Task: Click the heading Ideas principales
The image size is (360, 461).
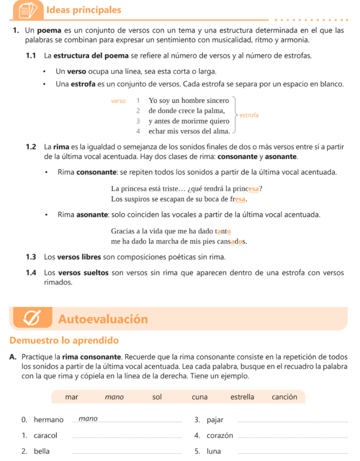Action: tap(84, 10)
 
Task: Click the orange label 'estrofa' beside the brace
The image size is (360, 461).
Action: tap(249, 115)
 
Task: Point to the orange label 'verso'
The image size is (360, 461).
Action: tap(118, 101)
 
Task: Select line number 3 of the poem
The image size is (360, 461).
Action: tap(138, 121)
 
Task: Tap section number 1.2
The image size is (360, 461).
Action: tap(31, 146)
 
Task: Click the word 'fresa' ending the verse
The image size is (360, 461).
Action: tap(238, 199)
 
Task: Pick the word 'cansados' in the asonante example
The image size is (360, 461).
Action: tap(232, 241)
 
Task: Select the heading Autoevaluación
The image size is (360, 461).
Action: tap(103, 319)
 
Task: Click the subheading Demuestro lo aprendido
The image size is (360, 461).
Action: tap(64, 340)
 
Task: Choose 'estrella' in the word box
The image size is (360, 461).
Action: tap(242, 397)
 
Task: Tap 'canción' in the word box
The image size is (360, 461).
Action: tap(284, 397)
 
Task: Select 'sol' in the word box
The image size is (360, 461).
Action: tap(157, 397)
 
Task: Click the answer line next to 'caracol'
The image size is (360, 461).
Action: tap(127, 437)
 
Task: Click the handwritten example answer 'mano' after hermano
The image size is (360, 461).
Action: tap(88, 419)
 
